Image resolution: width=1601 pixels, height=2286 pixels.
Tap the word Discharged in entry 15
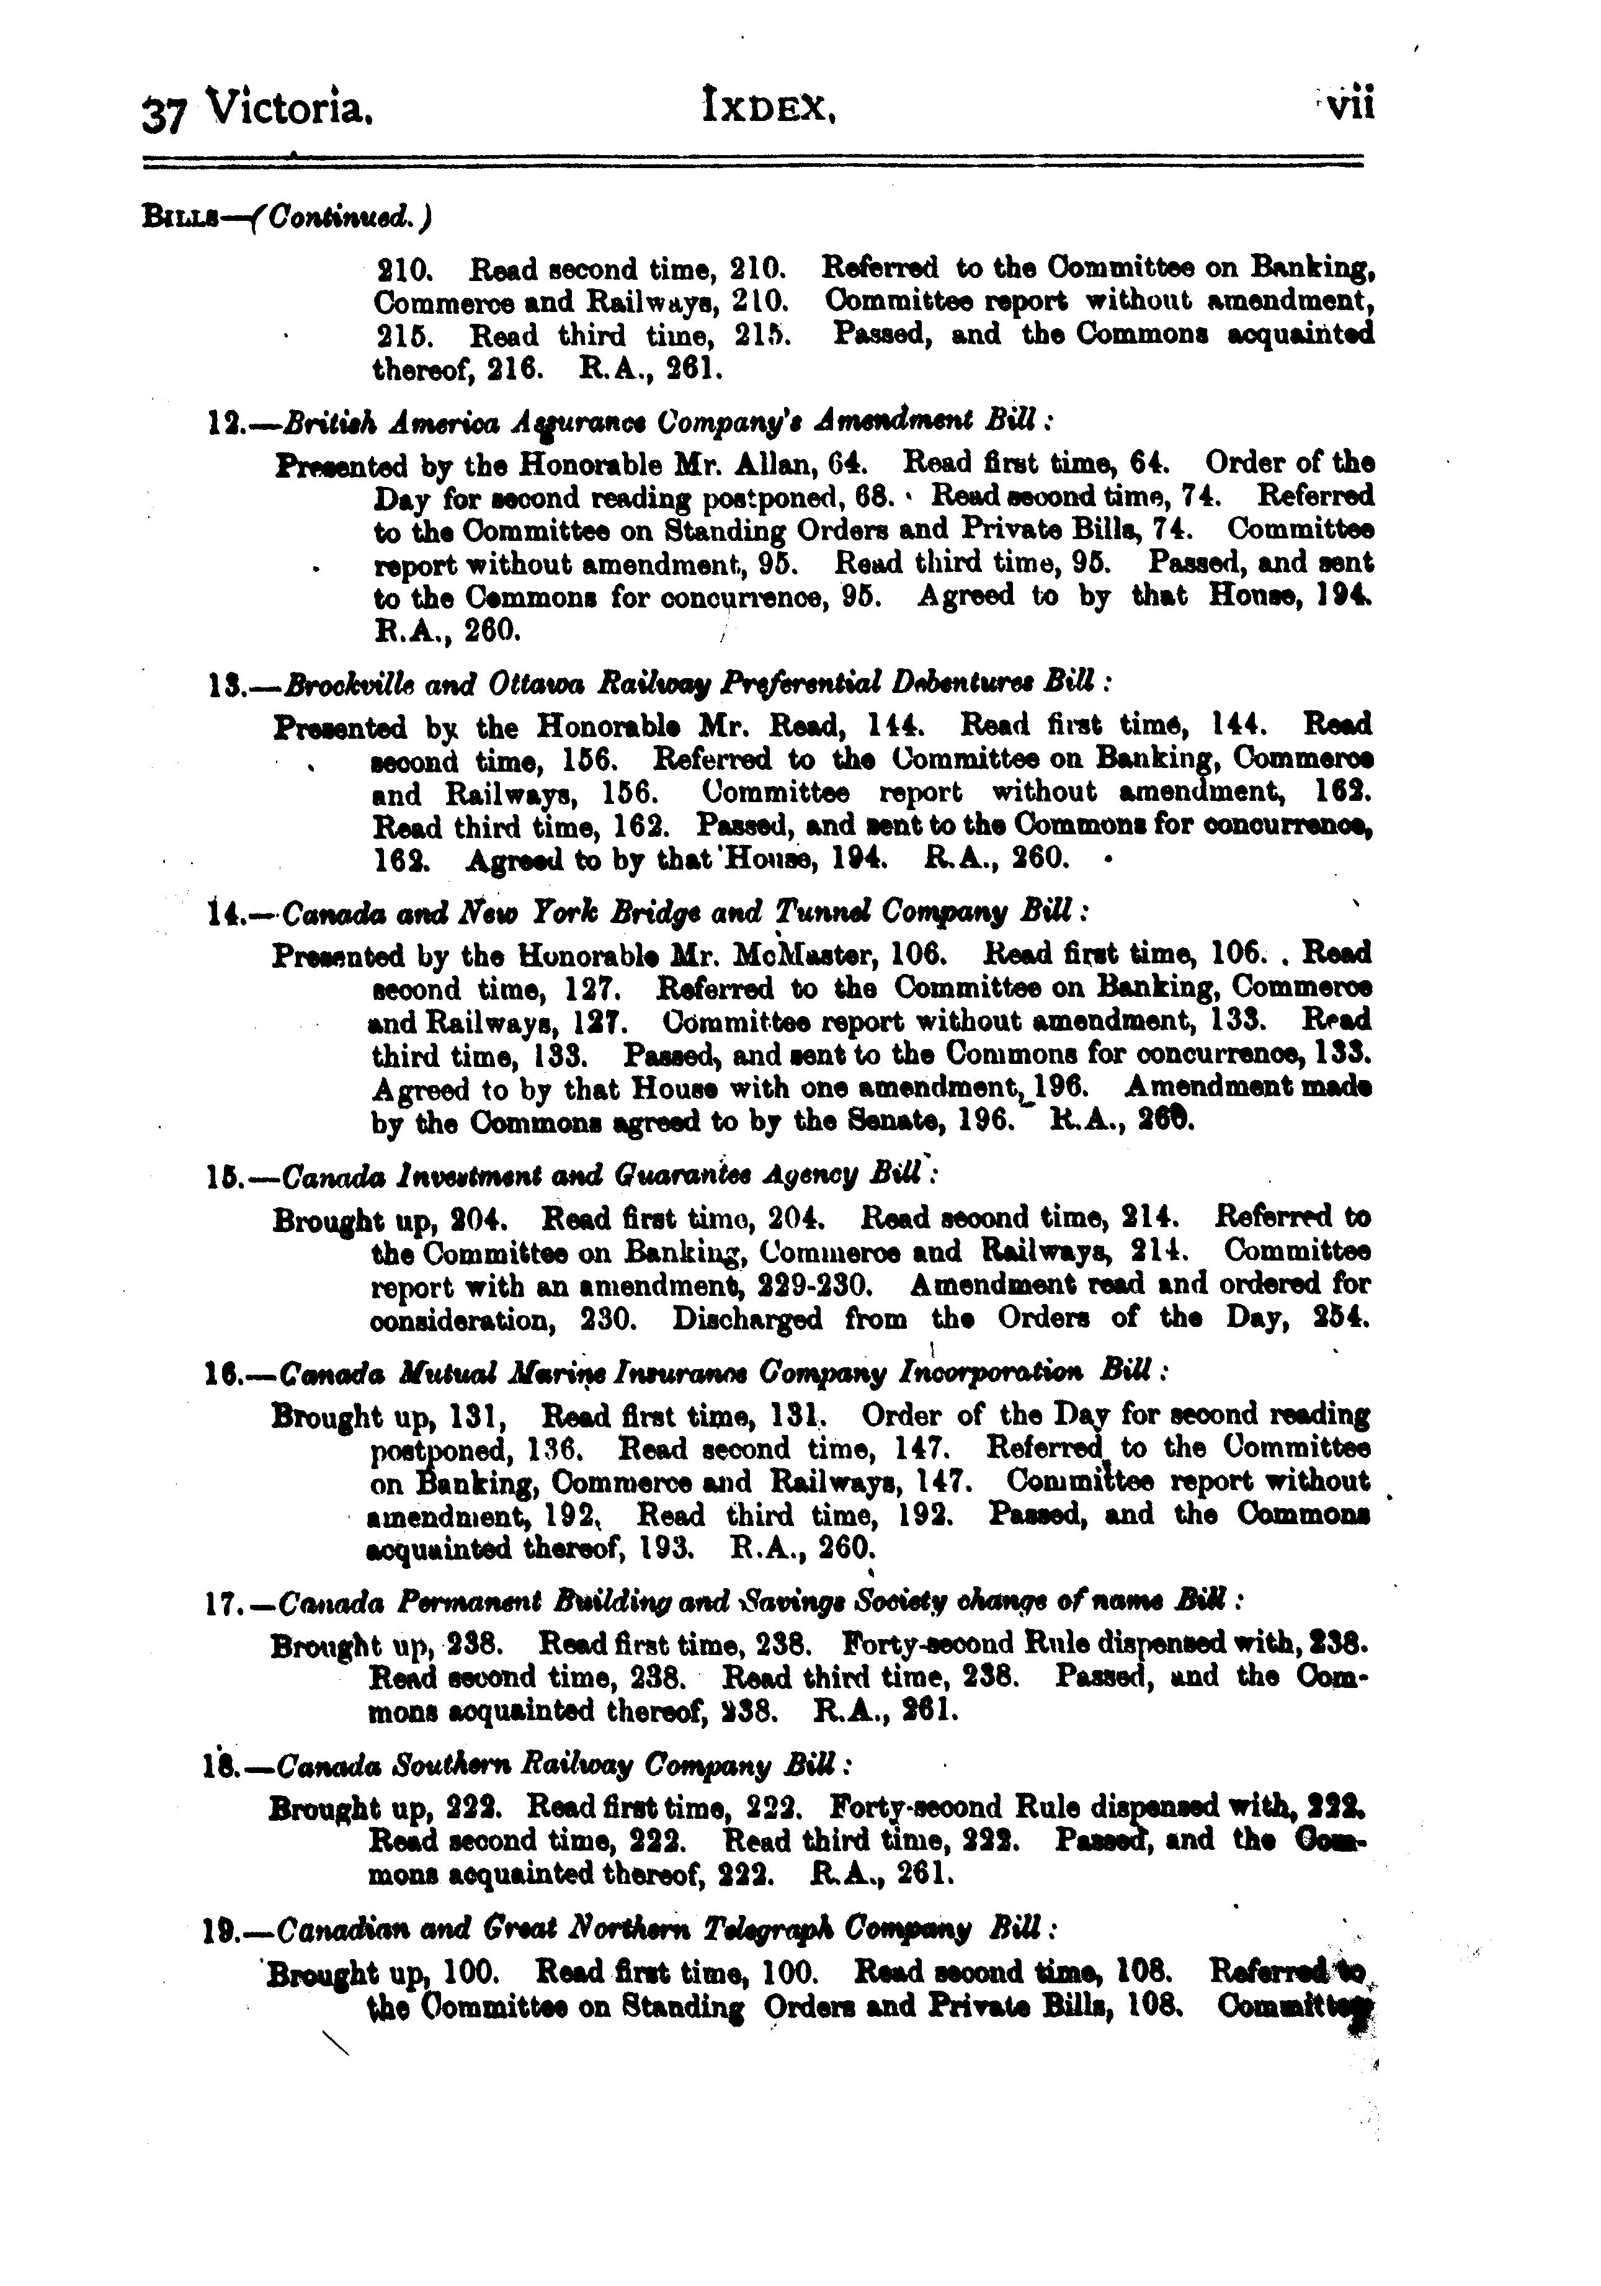[747, 1319]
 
